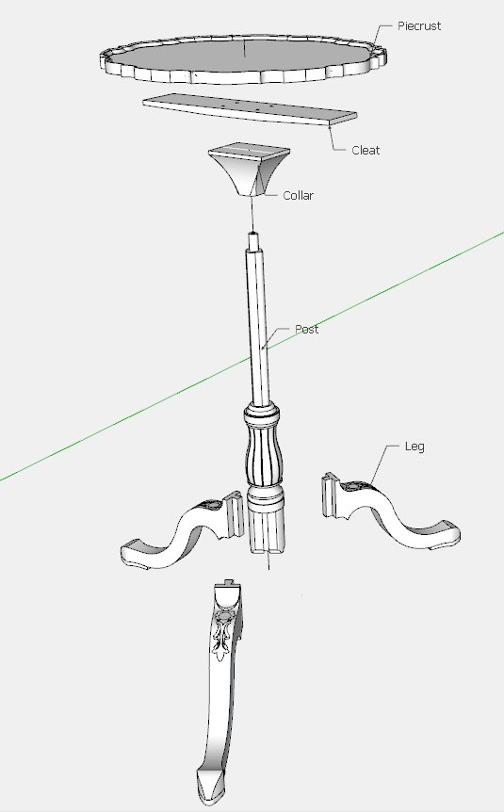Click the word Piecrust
click(x=419, y=25)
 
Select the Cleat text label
click(x=366, y=150)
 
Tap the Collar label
click(x=298, y=195)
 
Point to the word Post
click(x=307, y=330)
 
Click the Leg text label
click(x=415, y=447)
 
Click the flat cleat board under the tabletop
click(x=250, y=108)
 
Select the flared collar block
click(x=249, y=168)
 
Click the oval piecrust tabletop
click(x=243, y=58)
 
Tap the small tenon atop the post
click(x=253, y=241)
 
